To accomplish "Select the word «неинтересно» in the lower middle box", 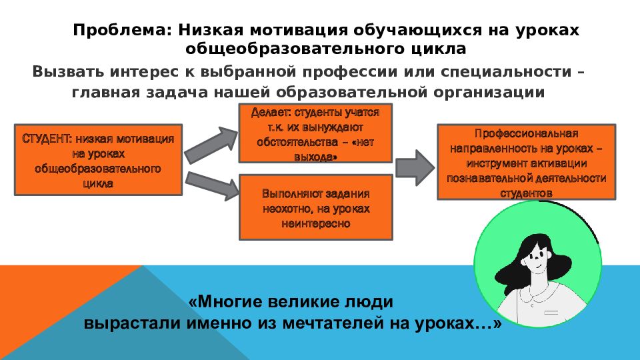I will click(x=315, y=223).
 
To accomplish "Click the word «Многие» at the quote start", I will click(x=228, y=301).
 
